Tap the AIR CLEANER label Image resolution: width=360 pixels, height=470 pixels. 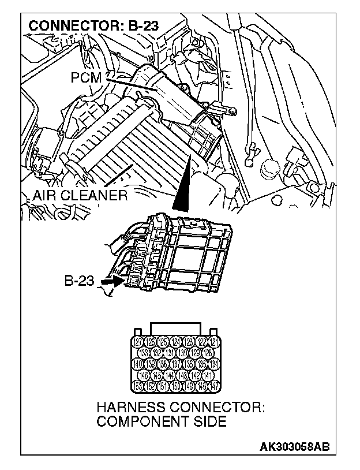click(80, 195)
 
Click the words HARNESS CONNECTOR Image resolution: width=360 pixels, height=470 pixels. click(181, 408)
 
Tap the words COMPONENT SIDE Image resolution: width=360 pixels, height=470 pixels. click(161, 421)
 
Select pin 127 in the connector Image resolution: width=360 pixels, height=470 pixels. click(138, 342)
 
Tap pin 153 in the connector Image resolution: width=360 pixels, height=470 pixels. click(138, 385)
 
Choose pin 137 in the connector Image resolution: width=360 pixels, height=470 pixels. click(175, 364)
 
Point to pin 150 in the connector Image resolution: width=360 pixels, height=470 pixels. click(175, 385)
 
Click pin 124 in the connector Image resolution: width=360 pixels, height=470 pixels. click(175, 342)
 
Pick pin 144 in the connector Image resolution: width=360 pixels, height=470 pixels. click(169, 374)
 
